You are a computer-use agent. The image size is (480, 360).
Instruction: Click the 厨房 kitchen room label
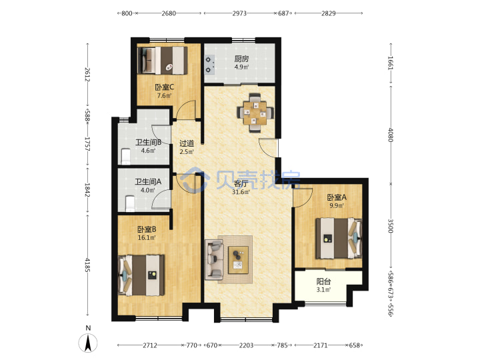241,59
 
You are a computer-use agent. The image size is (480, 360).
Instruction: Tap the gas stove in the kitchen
209,65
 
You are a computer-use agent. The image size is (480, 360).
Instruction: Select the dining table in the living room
255,113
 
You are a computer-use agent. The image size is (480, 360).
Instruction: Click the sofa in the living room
214,260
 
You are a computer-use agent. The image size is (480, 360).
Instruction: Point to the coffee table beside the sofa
238,260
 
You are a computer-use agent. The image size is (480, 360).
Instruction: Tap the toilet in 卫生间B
125,157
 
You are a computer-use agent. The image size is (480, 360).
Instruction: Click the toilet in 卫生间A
130,203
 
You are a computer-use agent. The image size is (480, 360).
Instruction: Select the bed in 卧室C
162,60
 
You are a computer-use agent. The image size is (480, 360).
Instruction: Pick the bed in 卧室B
141,275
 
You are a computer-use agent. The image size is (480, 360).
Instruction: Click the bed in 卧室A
339,238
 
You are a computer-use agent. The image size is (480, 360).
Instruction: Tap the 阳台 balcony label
323,281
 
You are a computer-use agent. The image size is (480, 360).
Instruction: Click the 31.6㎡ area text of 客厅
241,192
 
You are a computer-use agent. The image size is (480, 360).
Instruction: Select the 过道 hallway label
187,143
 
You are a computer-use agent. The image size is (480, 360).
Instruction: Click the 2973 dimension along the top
239,13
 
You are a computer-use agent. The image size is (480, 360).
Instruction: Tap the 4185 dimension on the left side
87,265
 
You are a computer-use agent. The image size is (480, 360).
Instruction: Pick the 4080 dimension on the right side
391,135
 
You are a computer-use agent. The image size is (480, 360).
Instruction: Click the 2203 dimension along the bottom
246,345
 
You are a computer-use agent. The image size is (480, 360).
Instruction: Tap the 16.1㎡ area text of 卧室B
147,237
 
